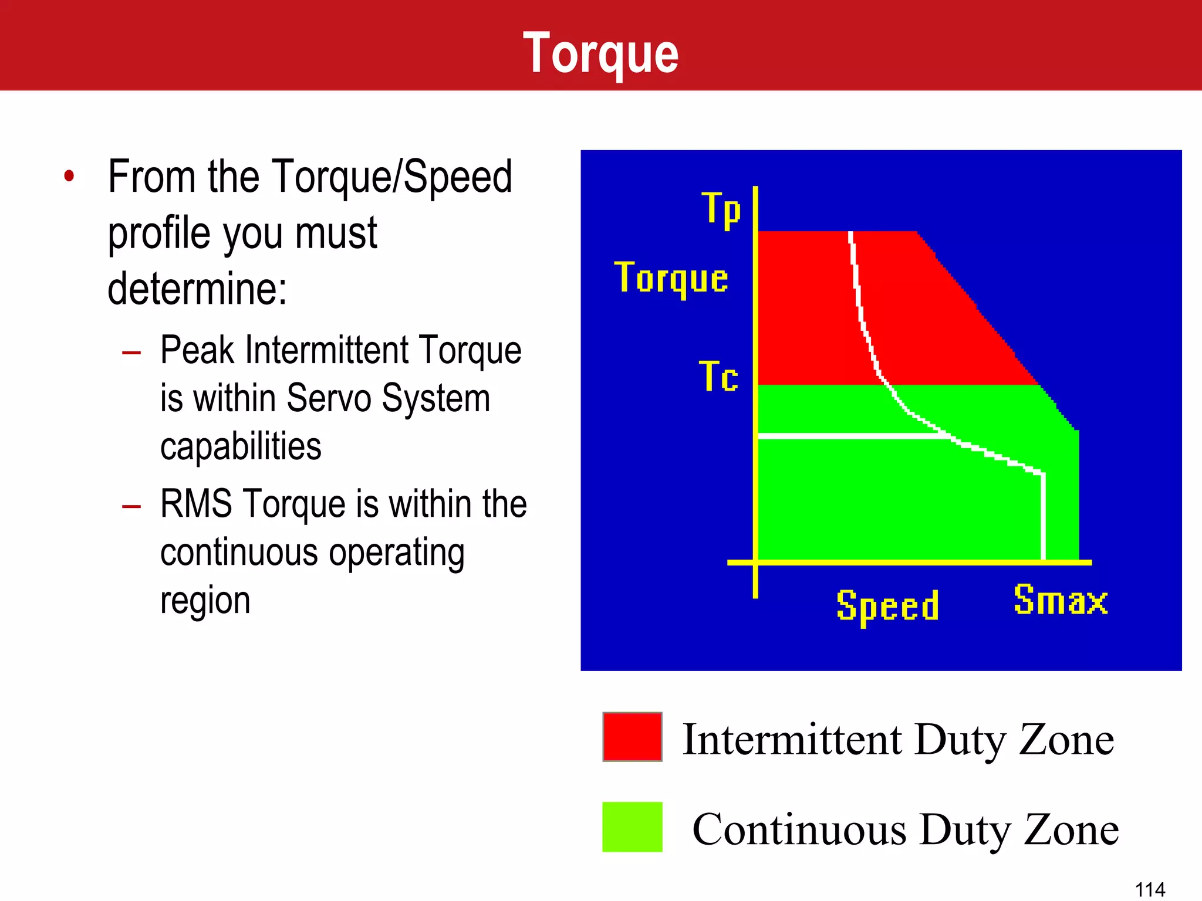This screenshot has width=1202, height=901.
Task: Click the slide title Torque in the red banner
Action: click(x=600, y=53)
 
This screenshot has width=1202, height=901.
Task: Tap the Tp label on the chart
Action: click(x=721, y=209)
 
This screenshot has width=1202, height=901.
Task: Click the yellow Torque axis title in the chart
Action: click(x=671, y=278)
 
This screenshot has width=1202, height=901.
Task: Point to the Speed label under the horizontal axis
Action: click(x=887, y=606)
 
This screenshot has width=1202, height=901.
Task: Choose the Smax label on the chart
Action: click(x=1061, y=600)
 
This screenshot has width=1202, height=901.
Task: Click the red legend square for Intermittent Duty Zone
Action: click(x=632, y=737)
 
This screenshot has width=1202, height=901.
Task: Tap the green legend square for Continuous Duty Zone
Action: click(x=632, y=827)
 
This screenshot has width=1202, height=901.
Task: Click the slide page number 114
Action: click(x=1150, y=889)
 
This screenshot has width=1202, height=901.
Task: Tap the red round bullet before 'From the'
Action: click(x=69, y=175)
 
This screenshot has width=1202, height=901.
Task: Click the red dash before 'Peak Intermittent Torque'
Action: click(x=131, y=353)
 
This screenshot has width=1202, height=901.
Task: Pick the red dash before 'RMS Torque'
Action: click(x=131, y=506)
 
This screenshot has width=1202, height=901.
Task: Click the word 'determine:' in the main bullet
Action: click(x=197, y=289)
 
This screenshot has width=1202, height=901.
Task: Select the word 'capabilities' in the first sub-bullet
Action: click(x=241, y=446)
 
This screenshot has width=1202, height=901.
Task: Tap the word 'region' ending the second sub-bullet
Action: click(x=205, y=601)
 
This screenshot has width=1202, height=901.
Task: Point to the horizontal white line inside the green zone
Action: click(x=851, y=436)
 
